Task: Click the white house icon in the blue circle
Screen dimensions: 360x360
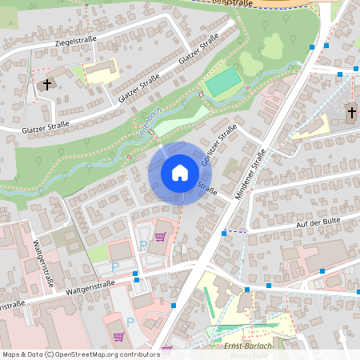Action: (x=180, y=172)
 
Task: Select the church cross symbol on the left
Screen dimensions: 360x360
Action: (x=47, y=84)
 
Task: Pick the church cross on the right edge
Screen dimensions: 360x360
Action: (x=352, y=112)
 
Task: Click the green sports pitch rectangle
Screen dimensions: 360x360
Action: (x=223, y=80)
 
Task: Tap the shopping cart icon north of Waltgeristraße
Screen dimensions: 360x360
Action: (x=160, y=237)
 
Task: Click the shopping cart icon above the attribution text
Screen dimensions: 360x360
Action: (x=167, y=349)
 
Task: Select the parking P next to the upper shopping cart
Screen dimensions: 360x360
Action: (x=143, y=246)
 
